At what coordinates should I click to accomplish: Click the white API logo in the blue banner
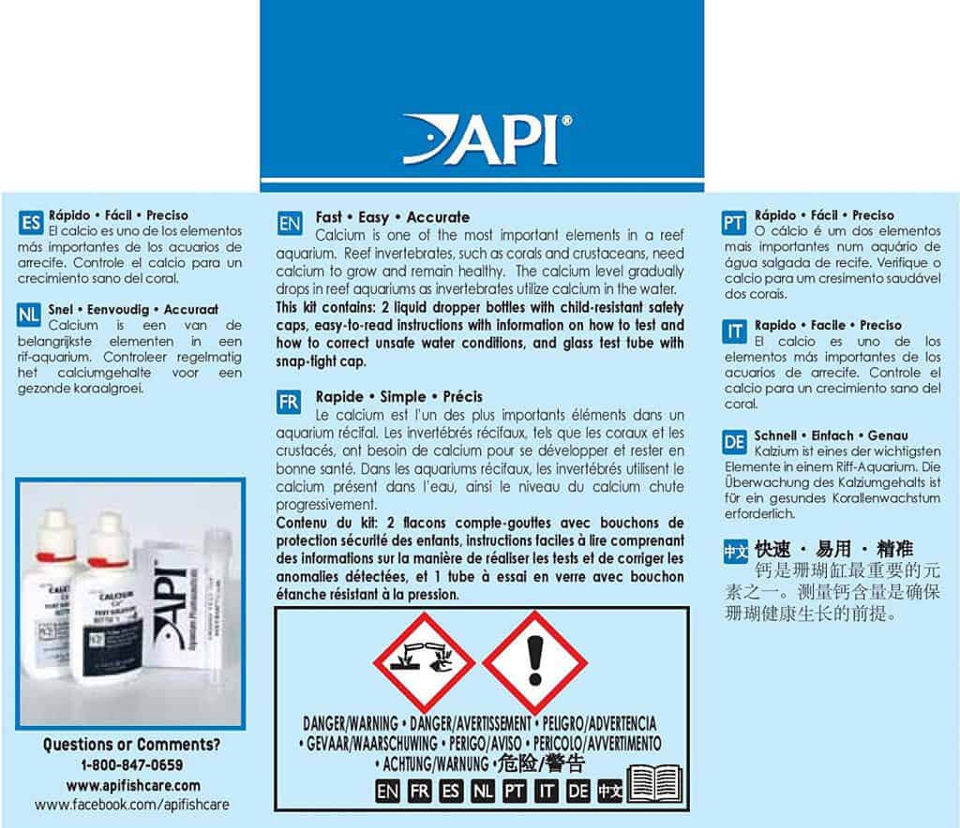click(x=481, y=140)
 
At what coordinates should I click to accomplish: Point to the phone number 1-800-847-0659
click(x=131, y=765)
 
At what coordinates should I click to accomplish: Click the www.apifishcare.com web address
click(x=131, y=785)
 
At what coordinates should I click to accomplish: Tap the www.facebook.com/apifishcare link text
click(x=131, y=805)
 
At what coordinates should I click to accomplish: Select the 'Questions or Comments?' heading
click(x=131, y=746)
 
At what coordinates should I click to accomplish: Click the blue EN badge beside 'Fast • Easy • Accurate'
click(x=290, y=225)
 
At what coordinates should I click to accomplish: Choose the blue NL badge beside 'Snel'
click(x=30, y=316)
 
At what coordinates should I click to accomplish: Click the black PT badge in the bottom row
click(x=514, y=790)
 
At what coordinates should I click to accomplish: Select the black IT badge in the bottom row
click(x=547, y=790)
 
